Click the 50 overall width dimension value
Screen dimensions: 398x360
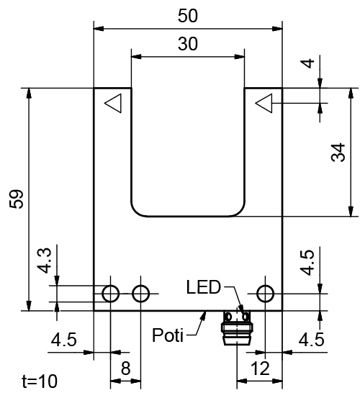[187, 15]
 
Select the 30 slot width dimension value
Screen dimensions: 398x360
[187, 44]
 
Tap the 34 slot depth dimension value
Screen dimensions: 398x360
[339, 152]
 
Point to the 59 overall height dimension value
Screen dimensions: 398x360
[15, 200]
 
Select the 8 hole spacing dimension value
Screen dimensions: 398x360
[125, 368]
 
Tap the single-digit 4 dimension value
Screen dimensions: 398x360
[308, 63]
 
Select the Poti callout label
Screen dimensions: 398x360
[168, 335]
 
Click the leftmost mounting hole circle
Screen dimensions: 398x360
[110, 293]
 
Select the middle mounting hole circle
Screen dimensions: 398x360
[141, 293]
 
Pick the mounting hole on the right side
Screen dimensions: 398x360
[265, 293]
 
